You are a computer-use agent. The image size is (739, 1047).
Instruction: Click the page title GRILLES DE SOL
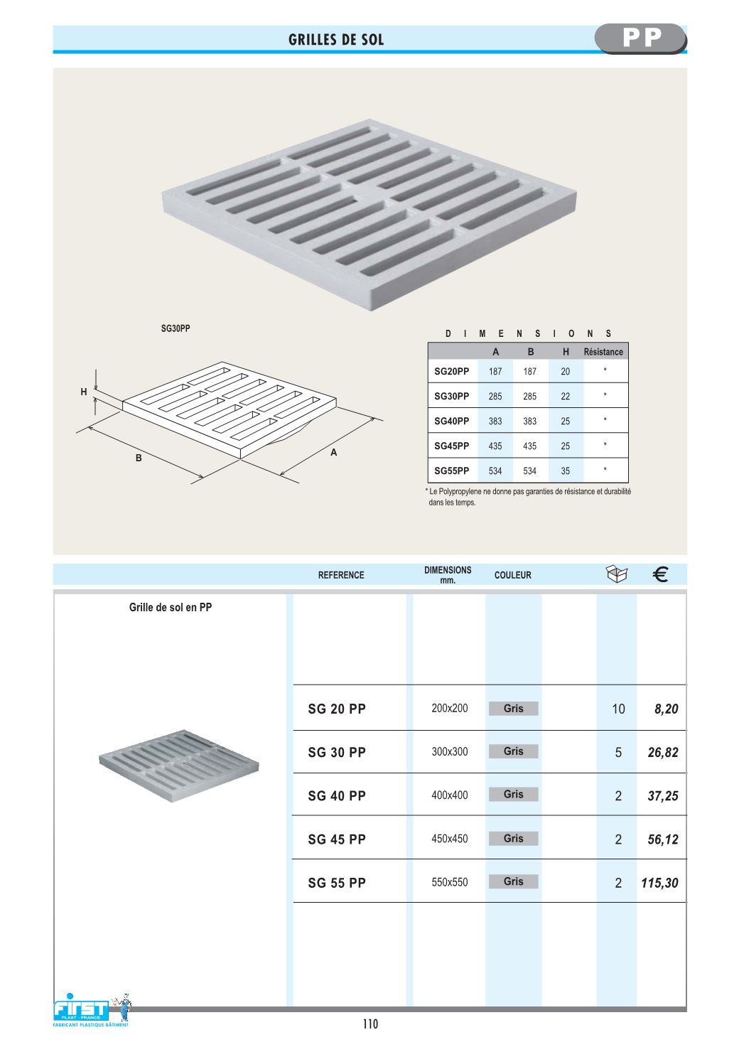tap(336, 40)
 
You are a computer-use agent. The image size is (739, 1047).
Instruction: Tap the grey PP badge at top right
tap(641, 38)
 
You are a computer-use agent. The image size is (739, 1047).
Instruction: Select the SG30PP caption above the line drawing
tap(176, 328)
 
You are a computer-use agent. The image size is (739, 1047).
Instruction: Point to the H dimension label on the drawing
tap(84, 392)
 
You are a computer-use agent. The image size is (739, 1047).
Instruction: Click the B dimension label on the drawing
tap(139, 458)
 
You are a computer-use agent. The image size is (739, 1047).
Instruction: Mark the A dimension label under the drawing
tap(334, 453)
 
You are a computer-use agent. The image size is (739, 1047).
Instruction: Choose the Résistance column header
tap(603, 352)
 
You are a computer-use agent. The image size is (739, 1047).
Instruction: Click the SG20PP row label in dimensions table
tap(452, 371)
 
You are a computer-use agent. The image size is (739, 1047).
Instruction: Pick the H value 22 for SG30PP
tap(565, 397)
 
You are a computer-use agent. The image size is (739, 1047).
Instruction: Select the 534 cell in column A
tap(495, 471)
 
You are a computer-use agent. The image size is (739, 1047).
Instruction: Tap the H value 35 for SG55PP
tap(565, 471)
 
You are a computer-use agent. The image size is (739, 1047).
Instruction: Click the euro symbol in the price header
tap(659, 574)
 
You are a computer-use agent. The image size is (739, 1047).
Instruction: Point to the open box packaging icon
tap(617, 574)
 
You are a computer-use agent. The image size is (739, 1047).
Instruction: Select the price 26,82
tap(663, 753)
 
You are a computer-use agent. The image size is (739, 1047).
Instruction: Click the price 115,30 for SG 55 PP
tap(659, 884)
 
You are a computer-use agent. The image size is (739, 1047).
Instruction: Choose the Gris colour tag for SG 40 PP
tap(513, 795)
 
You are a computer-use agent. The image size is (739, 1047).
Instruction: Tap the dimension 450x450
tap(450, 839)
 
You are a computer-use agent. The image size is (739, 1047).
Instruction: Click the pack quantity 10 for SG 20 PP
tap(618, 709)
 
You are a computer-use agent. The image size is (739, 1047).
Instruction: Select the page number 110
tap(370, 1024)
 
